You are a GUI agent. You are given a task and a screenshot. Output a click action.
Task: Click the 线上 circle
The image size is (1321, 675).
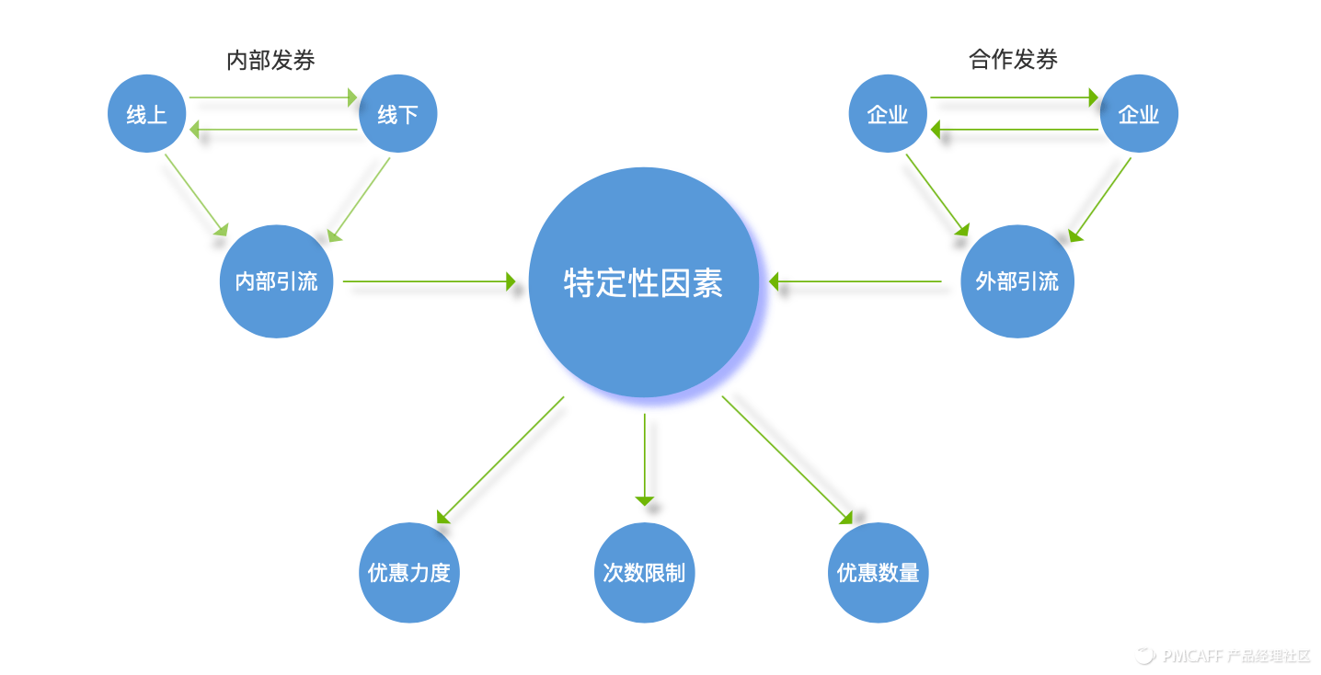(147, 113)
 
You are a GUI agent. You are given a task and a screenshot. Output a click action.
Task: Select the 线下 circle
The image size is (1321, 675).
(398, 113)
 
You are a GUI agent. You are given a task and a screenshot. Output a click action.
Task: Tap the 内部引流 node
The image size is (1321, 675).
(277, 281)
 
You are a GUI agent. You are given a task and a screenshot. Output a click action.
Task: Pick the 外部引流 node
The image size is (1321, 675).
(1017, 281)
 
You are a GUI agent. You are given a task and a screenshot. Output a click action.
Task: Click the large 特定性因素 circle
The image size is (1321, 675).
(644, 282)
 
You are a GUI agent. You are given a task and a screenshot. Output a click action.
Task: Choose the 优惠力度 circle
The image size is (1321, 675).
(409, 572)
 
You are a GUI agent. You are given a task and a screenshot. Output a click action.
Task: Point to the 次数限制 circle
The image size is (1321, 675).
(644, 572)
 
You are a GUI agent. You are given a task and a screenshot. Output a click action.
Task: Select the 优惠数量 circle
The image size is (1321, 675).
(879, 572)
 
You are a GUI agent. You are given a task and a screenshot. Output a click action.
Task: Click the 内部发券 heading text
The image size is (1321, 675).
(270, 60)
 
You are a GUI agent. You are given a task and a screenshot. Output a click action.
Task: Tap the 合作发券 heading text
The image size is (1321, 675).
(1013, 60)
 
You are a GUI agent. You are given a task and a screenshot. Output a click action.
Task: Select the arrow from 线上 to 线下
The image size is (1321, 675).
(273, 97)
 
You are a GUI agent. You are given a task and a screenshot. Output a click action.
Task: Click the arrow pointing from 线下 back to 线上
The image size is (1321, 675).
(273, 129)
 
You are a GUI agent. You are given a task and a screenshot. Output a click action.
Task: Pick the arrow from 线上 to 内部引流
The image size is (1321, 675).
(196, 195)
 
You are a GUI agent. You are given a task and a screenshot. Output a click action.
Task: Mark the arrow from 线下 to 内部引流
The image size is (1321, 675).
(359, 200)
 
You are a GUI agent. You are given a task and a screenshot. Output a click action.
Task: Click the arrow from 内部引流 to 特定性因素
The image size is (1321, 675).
(430, 281)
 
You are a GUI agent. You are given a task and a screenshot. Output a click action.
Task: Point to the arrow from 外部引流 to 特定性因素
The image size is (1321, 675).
(856, 281)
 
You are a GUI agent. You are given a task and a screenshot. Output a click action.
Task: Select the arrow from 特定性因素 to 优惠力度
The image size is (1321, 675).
(500, 460)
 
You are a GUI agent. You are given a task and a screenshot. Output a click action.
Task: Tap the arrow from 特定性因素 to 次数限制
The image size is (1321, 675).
(645, 460)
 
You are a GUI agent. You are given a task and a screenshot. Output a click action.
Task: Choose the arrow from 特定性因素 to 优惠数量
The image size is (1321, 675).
(787, 460)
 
